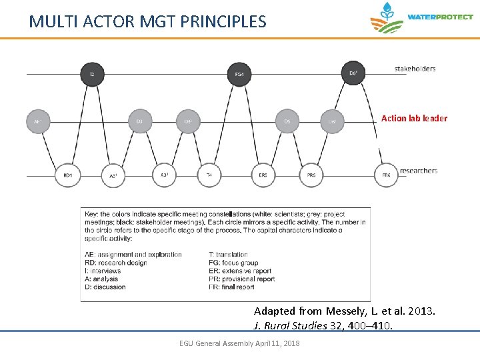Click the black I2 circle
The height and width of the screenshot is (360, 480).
[93, 73]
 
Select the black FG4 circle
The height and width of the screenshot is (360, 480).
[239, 73]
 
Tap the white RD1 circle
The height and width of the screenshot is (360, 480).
[67, 175]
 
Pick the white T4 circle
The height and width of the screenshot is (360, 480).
[209, 175]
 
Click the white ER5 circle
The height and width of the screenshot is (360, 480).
[263, 175]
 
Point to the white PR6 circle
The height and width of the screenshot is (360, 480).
[311, 175]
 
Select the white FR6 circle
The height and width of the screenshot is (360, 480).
[386, 175]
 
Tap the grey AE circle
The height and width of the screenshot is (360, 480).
[37, 121]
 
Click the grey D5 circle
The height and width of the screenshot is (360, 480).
[287, 121]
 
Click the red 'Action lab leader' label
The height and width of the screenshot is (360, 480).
[414, 119]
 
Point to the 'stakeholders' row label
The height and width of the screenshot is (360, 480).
[415, 69]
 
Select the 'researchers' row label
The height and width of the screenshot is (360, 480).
[419, 171]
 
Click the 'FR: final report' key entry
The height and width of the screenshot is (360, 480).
[231, 287]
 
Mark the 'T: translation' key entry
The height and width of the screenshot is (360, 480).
[228, 255]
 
